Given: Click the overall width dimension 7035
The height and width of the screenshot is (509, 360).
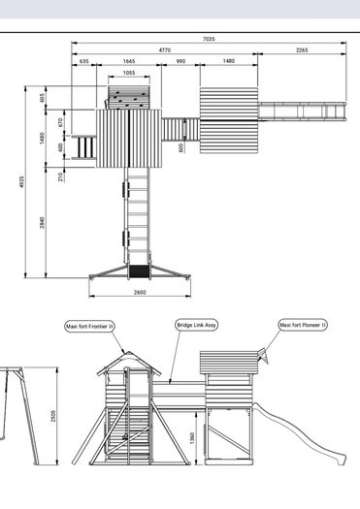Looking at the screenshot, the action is pyautogui.click(x=209, y=39).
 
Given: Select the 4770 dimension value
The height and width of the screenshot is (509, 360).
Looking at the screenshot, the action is pyautogui.click(x=165, y=50).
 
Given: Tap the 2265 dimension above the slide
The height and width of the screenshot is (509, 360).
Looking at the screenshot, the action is pyautogui.click(x=302, y=50).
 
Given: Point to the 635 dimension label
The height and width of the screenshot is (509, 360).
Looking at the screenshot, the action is pyautogui.click(x=83, y=61).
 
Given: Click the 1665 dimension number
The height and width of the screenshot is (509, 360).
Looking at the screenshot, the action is pyautogui.click(x=129, y=61).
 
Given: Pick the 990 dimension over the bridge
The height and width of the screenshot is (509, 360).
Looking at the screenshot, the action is pyautogui.click(x=180, y=61).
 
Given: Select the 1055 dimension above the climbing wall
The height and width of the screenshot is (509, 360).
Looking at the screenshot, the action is pyautogui.click(x=129, y=73).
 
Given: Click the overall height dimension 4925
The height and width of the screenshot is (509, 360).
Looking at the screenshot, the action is pyautogui.click(x=21, y=182).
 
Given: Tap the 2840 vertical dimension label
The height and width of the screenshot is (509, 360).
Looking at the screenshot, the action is pyautogui.click(x=43, y=222).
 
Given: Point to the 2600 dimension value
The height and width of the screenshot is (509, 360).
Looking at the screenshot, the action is pyautogui.click(x=140, y=292).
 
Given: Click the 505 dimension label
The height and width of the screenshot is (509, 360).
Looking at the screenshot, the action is pyautogui.click(x=43, y=98).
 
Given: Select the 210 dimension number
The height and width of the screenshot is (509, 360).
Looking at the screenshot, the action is pyautogui.click(x=60, y=176).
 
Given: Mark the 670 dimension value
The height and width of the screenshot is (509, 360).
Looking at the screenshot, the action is pyautogui.click(x=60, y=123).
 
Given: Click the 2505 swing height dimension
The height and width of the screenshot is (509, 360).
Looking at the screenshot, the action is pyautogui.click(x=53, y=416).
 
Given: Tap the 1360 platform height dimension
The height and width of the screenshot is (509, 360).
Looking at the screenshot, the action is pyautogui.click(x=192, y=438).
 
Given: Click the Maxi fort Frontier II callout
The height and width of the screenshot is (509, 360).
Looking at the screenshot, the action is pyautogui.click(x=89, y=326).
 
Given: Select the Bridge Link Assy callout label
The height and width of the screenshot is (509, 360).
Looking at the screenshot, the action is pyautogui.click(x=196, y=325).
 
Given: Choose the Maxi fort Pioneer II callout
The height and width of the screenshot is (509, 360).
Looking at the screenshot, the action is pyautogui.click(x=303, y=325).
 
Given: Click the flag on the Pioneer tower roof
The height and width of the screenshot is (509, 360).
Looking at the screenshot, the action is pyautogui.click(x=264, y=356).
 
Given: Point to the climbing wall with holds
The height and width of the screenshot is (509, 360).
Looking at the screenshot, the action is pyautogui.click(x=129, y=98).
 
